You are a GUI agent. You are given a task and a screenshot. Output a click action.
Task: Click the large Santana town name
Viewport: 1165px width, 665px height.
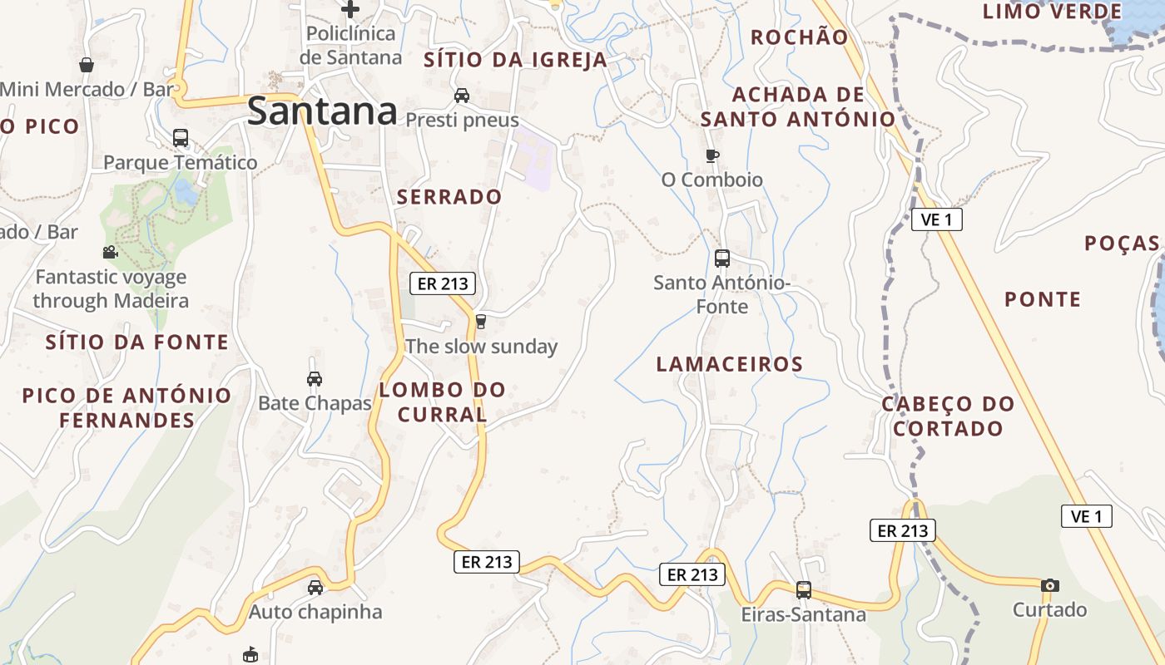(322, 111)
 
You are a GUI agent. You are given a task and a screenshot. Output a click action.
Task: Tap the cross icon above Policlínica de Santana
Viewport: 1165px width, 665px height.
(350, 9)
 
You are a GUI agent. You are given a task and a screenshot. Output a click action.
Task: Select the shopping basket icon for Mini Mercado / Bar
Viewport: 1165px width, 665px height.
(87, 65)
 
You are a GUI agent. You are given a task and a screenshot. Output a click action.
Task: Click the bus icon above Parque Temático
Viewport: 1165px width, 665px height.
(181, 137)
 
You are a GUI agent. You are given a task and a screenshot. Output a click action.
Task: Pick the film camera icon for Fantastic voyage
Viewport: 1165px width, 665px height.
(110, 252)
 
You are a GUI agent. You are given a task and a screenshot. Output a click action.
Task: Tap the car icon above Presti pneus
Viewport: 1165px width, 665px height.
(462, 96)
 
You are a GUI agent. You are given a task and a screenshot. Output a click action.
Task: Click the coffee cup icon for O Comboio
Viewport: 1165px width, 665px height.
(711, 155)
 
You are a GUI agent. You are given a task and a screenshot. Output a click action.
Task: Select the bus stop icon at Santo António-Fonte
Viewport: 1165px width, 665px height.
(722, 258)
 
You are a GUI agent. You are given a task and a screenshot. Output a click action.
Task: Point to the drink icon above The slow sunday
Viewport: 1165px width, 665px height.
(480, 322)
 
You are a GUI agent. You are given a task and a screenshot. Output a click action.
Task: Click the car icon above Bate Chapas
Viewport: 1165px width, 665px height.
(315, 379)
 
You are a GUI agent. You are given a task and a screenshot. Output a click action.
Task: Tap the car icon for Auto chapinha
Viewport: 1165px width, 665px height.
(315, 588)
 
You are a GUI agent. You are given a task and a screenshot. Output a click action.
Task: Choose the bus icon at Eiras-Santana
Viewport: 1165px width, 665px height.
(804, 590)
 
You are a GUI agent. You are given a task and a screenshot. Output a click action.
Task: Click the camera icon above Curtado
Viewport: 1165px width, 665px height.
(1050, 585)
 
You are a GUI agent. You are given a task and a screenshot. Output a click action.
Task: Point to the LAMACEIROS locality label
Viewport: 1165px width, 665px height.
(730, 364)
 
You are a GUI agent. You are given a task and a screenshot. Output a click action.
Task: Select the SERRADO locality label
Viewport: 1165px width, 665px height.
(449, 197)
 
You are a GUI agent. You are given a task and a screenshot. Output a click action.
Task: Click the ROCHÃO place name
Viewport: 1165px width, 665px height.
(799, 37)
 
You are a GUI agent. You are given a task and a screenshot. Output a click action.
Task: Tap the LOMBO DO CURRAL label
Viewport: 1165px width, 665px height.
(442, 401)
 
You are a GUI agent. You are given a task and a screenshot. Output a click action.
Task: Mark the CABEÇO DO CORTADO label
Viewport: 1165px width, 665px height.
(948, 416)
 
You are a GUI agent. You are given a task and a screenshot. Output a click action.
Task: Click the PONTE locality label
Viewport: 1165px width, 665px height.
(1043, 299)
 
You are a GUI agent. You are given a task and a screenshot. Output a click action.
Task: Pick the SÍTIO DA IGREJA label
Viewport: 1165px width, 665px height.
(516, 60)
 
